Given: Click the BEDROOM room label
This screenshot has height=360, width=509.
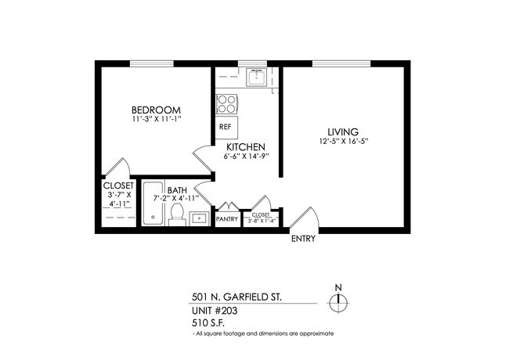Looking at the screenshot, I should click(156, 110).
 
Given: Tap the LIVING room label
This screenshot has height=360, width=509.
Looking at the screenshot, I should click(343, 131).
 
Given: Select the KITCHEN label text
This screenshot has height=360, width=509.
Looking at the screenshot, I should click(246, 147).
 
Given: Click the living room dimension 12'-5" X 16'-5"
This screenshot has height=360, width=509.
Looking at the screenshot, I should click(343, 142).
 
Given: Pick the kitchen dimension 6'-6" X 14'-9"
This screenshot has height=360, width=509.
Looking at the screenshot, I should click(246, 157).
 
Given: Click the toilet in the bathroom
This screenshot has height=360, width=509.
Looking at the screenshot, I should click(176, 217).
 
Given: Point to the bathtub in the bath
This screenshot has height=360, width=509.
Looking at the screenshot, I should click(152, 206).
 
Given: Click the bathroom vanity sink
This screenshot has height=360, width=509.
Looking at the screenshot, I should click(198, 218).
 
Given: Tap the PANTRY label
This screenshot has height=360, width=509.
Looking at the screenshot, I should click(227, 219).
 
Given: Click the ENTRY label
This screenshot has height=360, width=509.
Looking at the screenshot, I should click(303, 239).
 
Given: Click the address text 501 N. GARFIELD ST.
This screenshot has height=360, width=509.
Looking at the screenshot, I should click(237, 297).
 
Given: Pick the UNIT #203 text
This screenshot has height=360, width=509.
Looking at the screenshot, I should click(215, 310).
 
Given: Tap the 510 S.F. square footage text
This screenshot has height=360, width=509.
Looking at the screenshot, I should click(209, 322).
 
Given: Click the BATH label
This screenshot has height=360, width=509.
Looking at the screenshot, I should click(177, 189).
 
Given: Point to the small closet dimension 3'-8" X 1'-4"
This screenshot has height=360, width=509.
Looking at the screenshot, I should click(260, 221).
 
